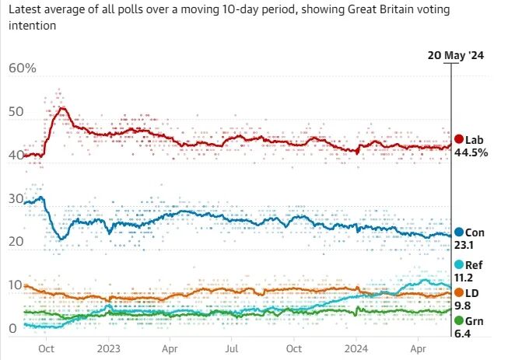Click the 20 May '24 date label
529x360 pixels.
coord(455,55)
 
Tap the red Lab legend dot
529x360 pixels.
coord(459,139)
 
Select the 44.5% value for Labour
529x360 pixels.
coord(471,152)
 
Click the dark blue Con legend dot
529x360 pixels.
coord(459,232)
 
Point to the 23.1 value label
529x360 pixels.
coord(464,245)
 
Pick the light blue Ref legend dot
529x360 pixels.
coord(459,264)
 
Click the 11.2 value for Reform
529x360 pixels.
coord(464,278)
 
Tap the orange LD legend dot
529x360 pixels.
coord(459,292)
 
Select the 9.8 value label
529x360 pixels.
coord(462,306)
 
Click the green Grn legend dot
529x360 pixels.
coord(459,320)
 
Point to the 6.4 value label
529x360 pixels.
coord(462,334)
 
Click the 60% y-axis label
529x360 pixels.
coord(23,68)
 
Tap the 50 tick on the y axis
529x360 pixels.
coord(16,111)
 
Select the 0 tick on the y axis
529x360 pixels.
coord(12,328)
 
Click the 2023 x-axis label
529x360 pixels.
coord(109,348)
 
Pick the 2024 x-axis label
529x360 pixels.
coord(356,348)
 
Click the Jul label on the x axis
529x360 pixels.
coord(232,348)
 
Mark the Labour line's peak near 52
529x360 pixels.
coord(62,108)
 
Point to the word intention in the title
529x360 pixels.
coord(33,26)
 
